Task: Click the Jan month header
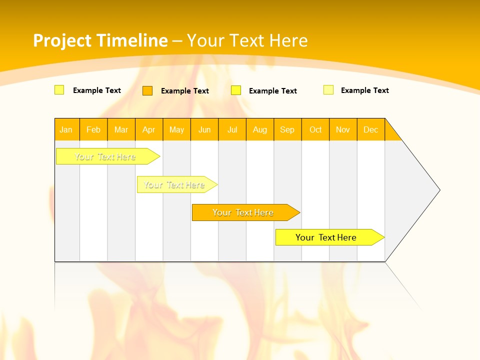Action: pos(66,129)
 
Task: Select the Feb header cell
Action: pos(93,129)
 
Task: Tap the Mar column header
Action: pos(121,129)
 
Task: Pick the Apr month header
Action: pos(149,129)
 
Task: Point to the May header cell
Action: pos(176,129)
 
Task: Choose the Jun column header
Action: pos(204,129)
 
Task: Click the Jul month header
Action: pos(232,129)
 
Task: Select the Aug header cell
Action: pos(260,129)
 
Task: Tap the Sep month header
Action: pos(287,129)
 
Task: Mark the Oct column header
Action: pos(315,129)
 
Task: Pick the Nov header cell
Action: pos(343,129)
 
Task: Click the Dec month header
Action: pos(371,129)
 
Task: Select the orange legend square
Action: pos(147,90)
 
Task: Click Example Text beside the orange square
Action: pos(185,91)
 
